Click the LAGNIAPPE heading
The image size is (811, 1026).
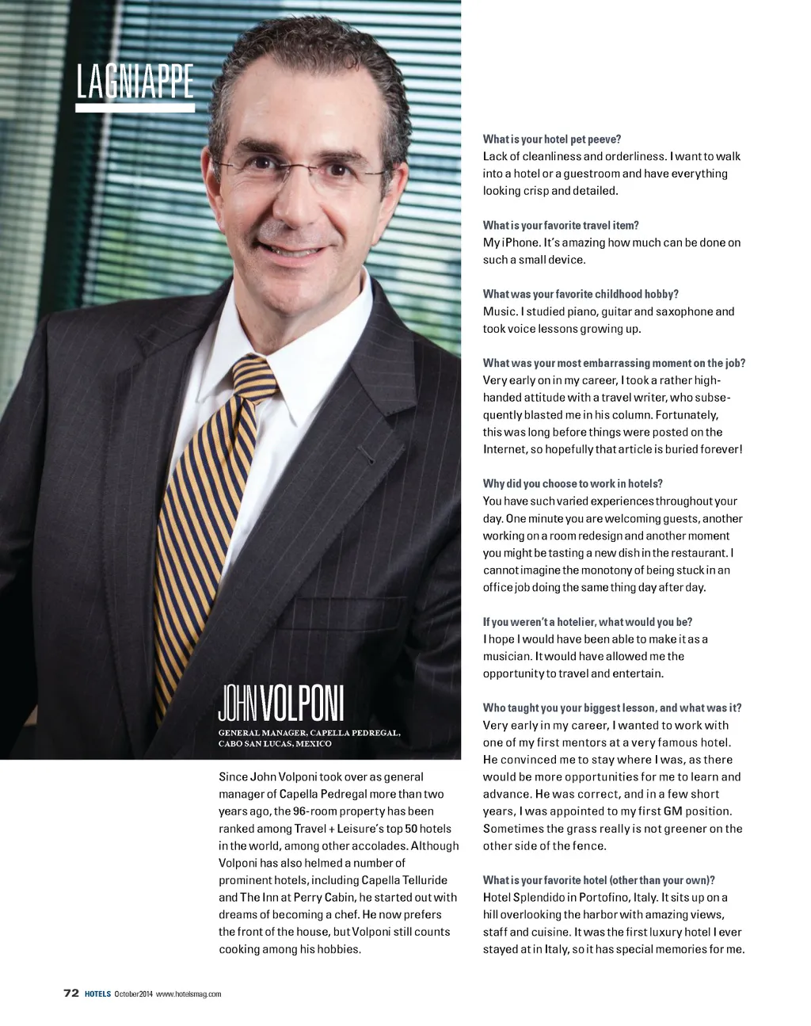coord(135,82)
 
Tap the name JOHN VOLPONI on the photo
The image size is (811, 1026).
coord(281,704)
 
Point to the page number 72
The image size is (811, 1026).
coord(70,994)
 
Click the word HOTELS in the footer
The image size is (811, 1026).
coord(97,994)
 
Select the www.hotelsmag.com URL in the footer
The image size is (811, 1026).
coord(188,994)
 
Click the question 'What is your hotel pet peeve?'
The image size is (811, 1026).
coord(552,139)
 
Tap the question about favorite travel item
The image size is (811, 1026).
coord(561,226)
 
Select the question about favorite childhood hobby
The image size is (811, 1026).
coord(581,294)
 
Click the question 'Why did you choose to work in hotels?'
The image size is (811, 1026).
coord(573,483)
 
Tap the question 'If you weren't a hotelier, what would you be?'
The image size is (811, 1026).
coord(588,622)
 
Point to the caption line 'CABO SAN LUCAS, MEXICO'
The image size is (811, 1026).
coord(275,744)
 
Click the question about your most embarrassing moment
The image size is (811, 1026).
coord(614,363)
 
